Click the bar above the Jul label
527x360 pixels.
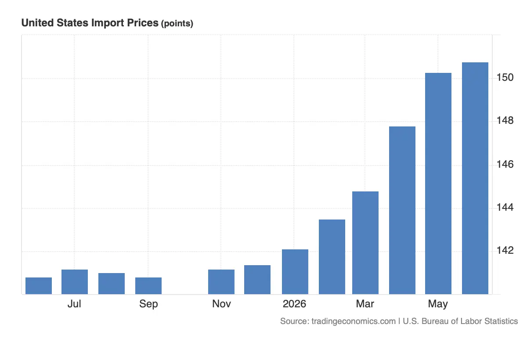coord(75,282)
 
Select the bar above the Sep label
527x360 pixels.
coord(148,286)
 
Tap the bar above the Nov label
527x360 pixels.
coord(221,282)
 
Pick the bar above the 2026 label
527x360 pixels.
coord(295,272)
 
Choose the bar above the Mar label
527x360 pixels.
coord(365,243)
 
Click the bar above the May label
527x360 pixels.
coord(438,184)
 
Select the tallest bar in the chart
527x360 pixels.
coord(475,178)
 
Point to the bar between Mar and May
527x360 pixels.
coord(402,210)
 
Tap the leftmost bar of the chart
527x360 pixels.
coord(39,286)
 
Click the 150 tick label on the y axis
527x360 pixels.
coord(505,77)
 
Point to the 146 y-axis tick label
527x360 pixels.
coord(505,164)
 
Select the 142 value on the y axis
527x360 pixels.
coord(505,250)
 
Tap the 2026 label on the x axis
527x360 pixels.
coord(294,304)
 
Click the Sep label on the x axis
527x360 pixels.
coord(148,304)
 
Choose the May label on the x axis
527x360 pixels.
coord(438,304)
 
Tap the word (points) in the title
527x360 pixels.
coord(177,24)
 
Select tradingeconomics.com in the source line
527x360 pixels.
coord(354,321)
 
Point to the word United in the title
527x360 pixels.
coord(38,23)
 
